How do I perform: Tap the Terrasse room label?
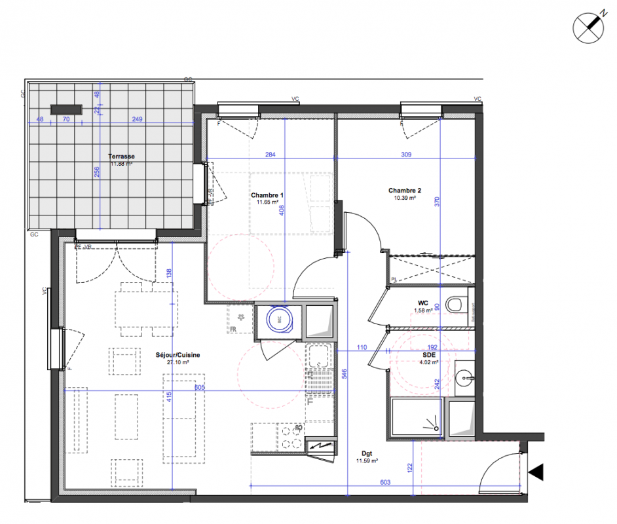[x=121, y=157]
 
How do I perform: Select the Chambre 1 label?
[x=267, y=195]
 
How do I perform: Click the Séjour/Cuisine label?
[x=178, y=355]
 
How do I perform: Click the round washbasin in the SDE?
[x=465, y=377]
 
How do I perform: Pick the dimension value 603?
[x=385, y=482]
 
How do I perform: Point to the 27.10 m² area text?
[x=178, y=362]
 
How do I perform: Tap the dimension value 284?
[x=269, y=155]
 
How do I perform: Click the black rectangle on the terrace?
[x=66, y=109]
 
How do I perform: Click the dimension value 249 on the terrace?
[x=137, y=120]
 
